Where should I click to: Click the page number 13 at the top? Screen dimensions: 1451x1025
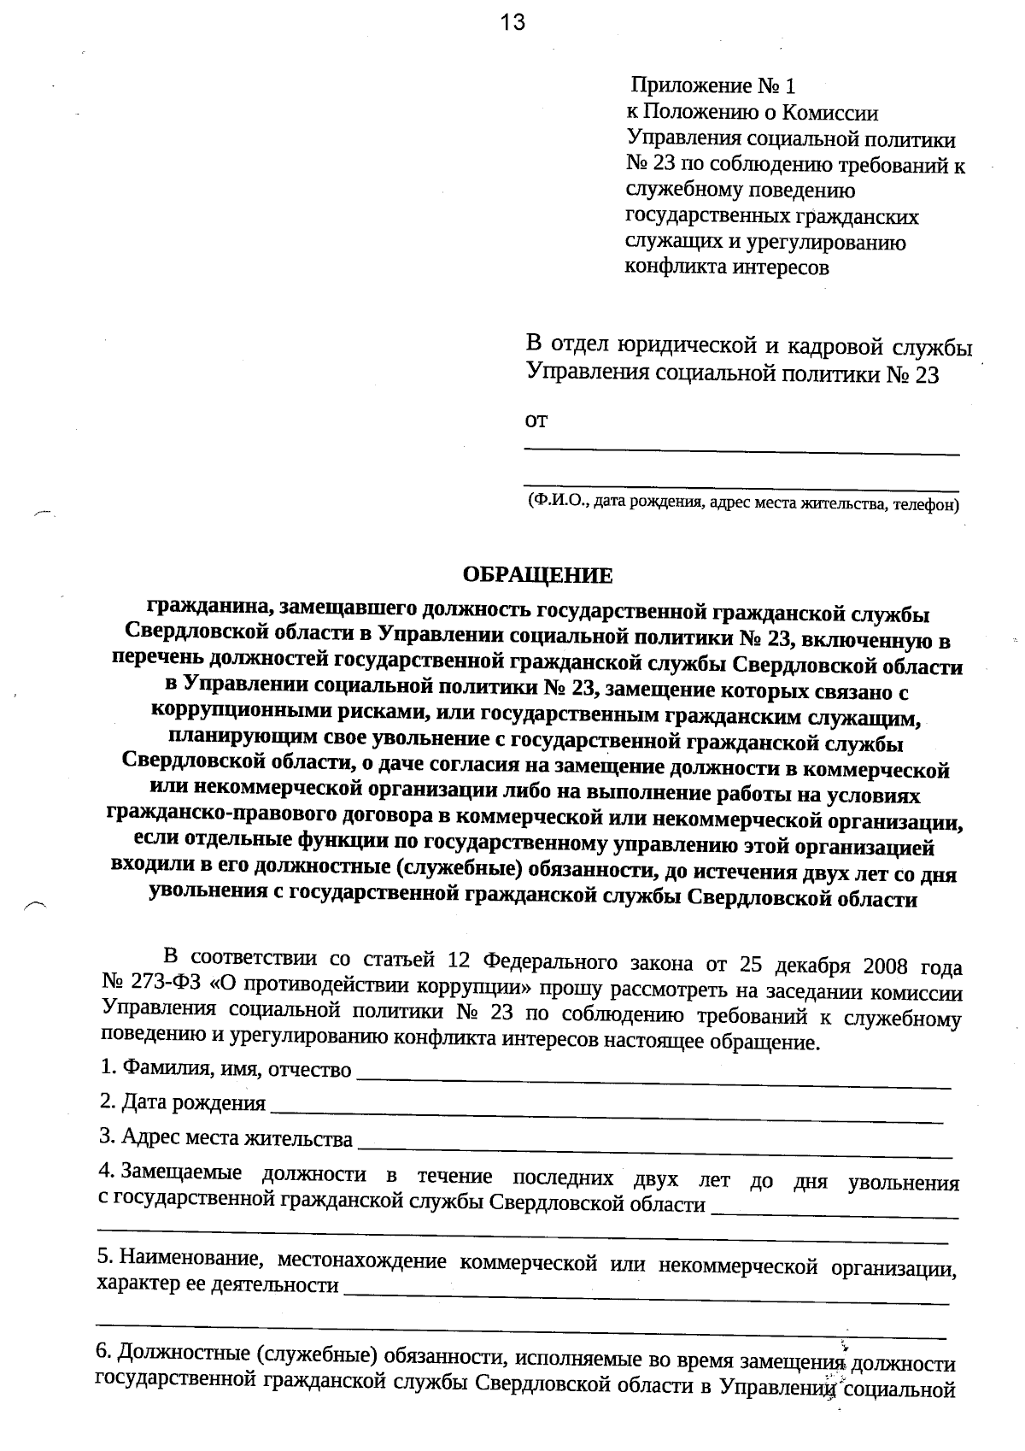513,22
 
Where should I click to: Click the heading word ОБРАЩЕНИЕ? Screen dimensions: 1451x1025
537,575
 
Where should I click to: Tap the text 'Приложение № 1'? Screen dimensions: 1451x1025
713,86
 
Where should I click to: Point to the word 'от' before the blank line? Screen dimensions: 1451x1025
536,420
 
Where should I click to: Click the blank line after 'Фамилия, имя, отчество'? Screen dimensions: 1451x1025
653,1075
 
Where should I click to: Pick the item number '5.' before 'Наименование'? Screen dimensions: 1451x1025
106,1256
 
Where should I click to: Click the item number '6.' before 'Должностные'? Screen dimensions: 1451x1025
102,1351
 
